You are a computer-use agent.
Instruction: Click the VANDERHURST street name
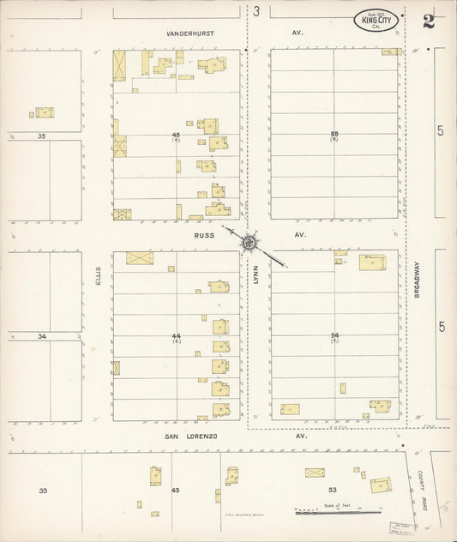(189, 33)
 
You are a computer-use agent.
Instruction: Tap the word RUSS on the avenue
(203, 233)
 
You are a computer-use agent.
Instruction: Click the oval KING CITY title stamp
(376, 21)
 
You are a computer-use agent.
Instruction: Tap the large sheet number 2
(428, 21)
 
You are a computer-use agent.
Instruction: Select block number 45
(176, 135)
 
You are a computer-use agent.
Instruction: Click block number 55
(334, 134)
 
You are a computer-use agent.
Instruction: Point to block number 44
(176, 335)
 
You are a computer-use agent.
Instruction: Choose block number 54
(334, 335)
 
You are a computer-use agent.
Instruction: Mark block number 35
(41, 135)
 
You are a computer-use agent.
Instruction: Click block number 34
(41, 336)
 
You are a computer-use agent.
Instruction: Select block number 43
(176, 490)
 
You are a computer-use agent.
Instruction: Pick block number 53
(333, 490)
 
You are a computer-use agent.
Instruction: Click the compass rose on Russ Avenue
(248, 244)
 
